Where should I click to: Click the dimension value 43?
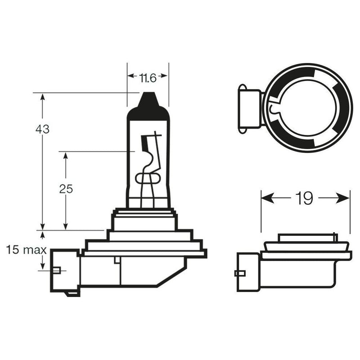tap(42, 130)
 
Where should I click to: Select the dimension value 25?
tap(66, 189)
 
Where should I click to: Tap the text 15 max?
tap(26, 250)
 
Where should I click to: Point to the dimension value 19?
tap(304, 198)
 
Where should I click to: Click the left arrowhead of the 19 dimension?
tap(267, 198)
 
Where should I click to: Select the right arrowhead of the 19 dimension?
tap(343, 198)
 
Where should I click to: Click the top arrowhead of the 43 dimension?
tap(42, 97)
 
